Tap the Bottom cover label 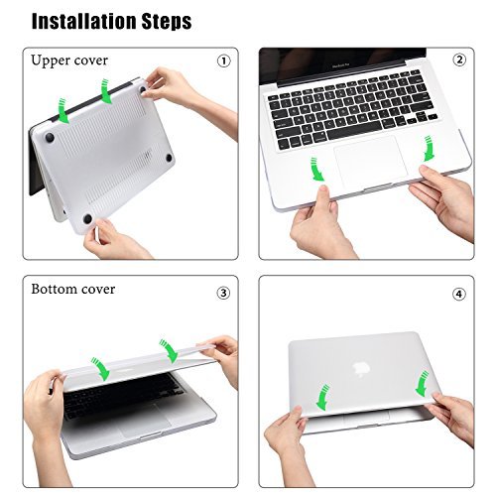click(72, 289)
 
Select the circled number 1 click(223, 61)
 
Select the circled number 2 click(459, 60)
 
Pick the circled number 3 click(223, 293)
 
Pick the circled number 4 click(459, 294)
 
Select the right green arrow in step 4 click(422, 381)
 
